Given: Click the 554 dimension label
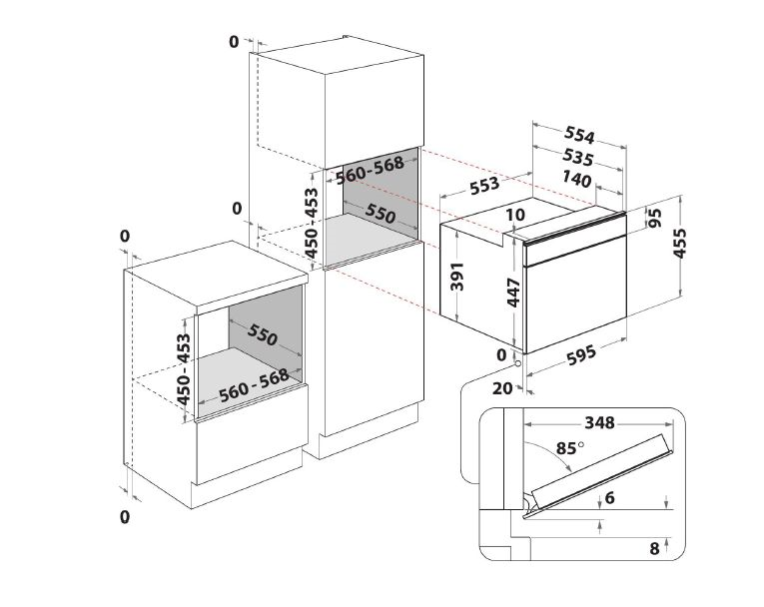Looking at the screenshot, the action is coord(579,135).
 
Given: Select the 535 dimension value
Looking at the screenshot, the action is coord(578,157).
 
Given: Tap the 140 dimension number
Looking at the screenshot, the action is coord(576,179).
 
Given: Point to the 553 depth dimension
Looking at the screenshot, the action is coord(484,186).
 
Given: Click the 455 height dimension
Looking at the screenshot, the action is coord(679,243).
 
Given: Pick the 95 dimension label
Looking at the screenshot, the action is coord(655,218).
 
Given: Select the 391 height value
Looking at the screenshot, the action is coord(457,277).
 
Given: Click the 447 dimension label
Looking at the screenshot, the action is coord(514,293).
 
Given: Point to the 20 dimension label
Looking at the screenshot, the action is coord(502,388).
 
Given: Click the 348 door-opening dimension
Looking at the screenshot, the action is coord(600,422).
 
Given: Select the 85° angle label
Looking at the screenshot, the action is coord(569,447).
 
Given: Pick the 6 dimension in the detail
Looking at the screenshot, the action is coord(609,498).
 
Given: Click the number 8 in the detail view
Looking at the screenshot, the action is coord(654,548).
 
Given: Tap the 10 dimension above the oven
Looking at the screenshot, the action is coord(515,215).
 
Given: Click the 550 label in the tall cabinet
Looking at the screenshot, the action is coord(381,213).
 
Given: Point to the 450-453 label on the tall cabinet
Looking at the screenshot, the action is coord(311,223).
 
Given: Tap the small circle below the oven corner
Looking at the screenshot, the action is coord(516,363).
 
